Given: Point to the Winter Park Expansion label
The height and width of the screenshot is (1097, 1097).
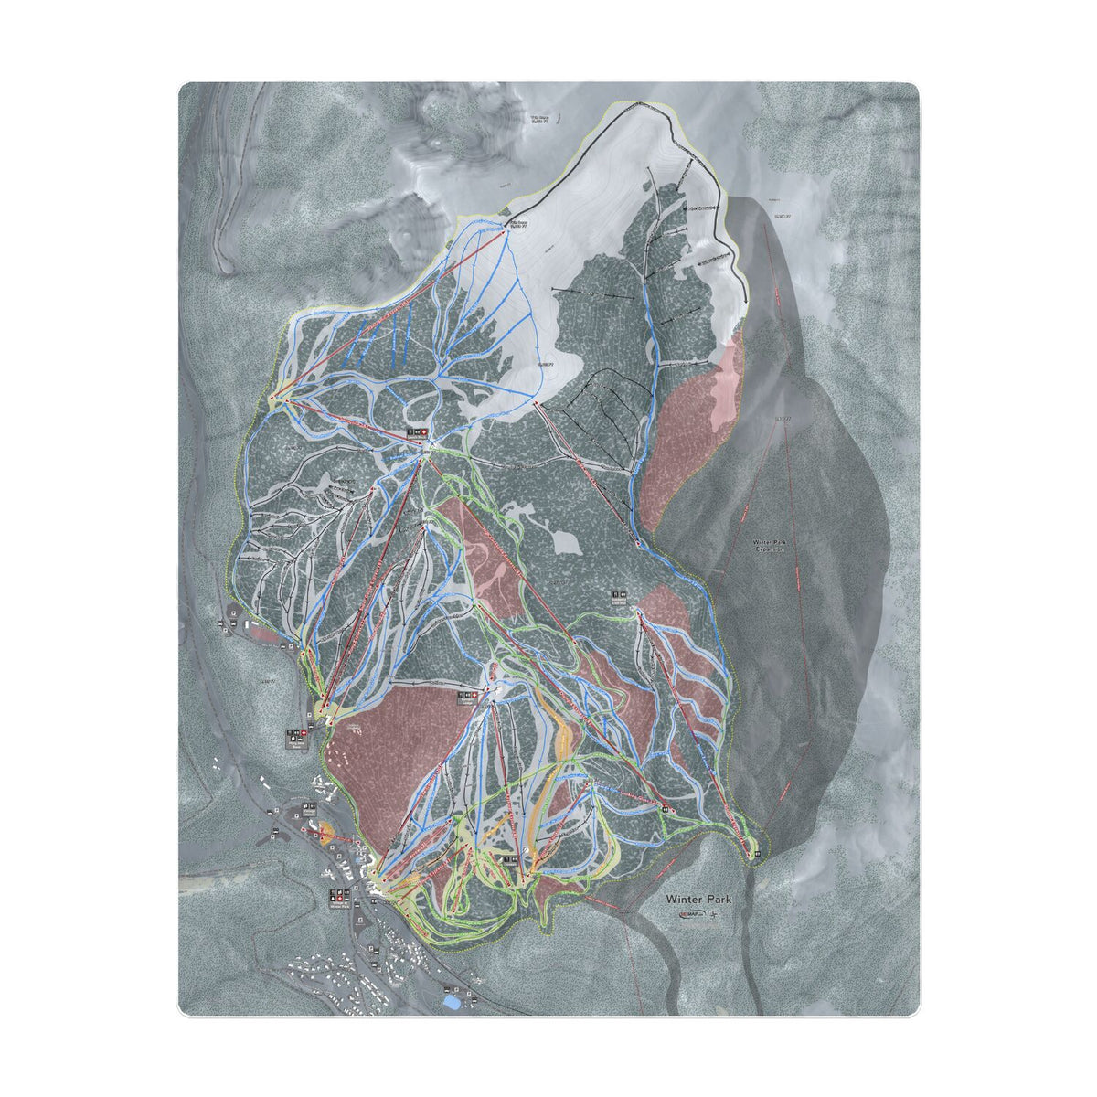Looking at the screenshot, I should point(769,546).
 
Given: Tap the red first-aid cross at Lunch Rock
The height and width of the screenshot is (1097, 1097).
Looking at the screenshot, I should point(423,430).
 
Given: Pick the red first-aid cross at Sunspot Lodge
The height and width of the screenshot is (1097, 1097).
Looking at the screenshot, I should point(474,694).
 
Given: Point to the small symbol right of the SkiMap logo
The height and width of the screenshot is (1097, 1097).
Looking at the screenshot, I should point(722,913).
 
